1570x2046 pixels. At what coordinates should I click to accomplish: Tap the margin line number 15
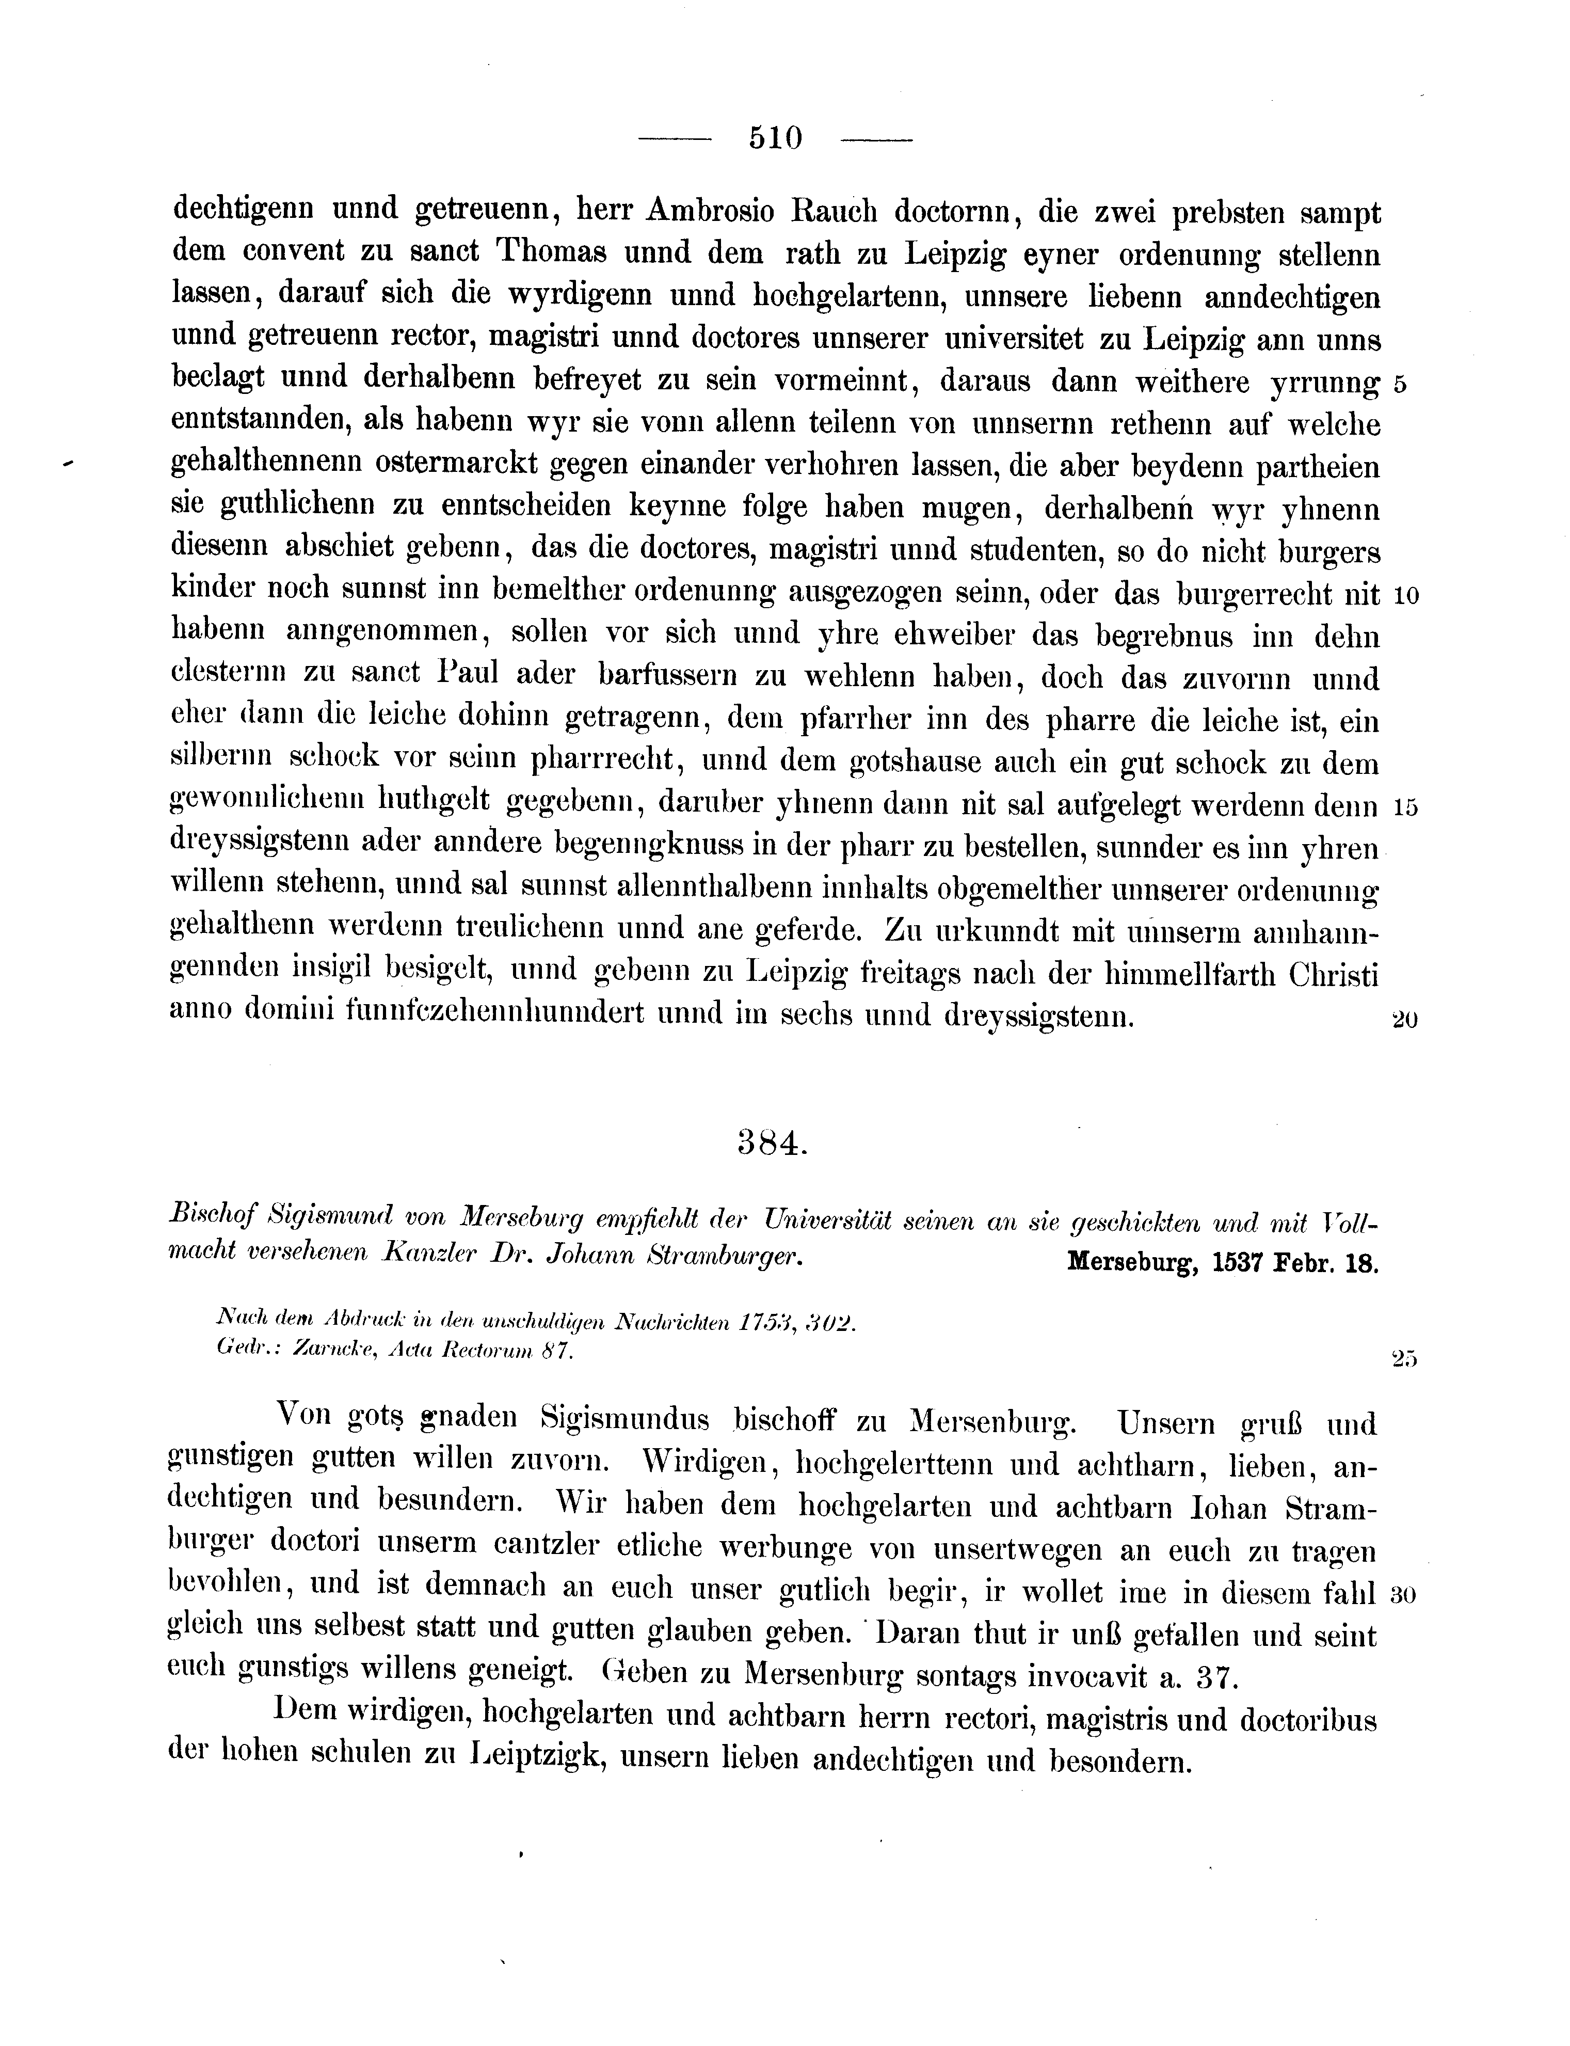click(x=1405, y=807)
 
